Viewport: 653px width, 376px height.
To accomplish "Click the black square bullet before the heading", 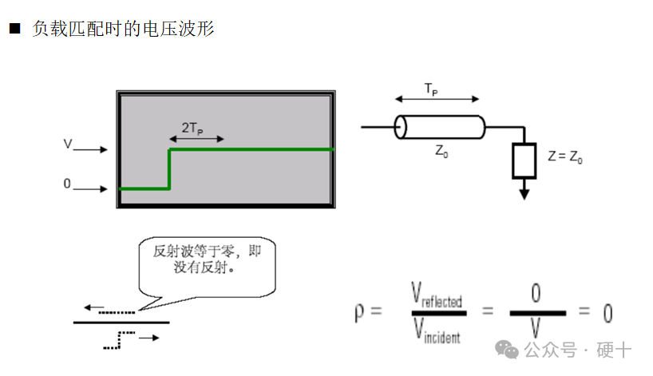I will coord(14,30).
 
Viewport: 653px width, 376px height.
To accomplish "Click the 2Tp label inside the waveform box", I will coord(192,127).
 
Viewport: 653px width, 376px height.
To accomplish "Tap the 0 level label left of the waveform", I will coord(67,184).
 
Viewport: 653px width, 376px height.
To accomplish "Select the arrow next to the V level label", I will coord(93,149).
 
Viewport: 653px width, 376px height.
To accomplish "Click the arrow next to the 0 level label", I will coord(93,189).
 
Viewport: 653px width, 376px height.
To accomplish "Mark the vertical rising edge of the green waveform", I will coord(169,169).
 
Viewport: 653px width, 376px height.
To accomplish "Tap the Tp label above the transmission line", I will coord(430,89).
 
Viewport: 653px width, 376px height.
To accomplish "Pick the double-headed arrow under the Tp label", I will coord(437,100).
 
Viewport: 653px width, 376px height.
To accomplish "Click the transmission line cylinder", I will coord(440,127).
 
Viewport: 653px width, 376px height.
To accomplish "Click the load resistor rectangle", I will coord(524,160).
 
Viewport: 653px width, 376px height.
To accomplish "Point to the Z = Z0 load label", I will coord(565,157).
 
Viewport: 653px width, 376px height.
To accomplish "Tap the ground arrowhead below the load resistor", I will coord(524,192).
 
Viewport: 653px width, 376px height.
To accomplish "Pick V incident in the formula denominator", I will coord(436,330).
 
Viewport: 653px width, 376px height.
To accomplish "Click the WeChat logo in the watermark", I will coord(506,349).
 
